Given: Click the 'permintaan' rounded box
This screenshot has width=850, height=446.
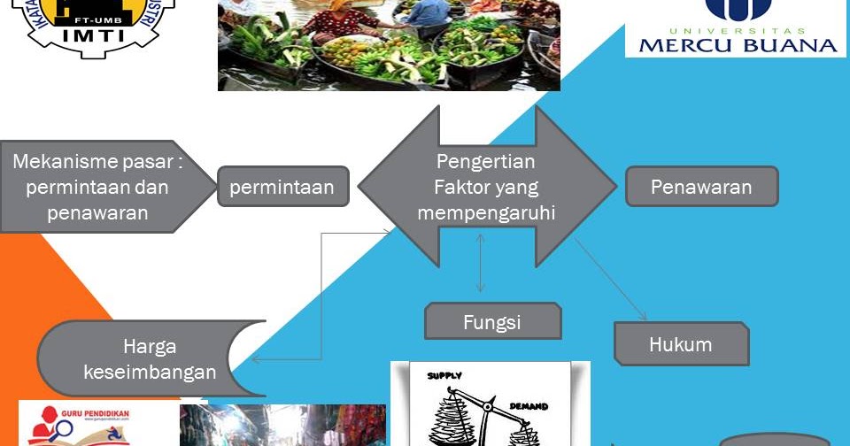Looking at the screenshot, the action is (282, 187).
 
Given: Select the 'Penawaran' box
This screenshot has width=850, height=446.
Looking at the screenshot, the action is (701, 187).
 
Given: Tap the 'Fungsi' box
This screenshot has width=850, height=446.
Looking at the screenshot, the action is (492, 322).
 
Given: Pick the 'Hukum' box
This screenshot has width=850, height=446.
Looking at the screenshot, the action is (680, 344).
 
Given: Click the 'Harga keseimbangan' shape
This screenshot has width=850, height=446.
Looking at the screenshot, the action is (150, 358).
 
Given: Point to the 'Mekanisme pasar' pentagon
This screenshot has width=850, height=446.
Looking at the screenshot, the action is (97, 187).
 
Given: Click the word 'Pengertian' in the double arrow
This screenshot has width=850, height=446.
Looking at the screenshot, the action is (485, 162).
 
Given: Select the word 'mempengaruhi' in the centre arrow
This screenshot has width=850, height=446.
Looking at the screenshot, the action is (486, 213).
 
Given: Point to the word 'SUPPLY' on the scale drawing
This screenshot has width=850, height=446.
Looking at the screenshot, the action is (445, 375).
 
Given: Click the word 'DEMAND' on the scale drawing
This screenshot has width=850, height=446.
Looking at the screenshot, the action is (529, 407).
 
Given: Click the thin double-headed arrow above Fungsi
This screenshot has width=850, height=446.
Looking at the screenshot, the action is (480, 263).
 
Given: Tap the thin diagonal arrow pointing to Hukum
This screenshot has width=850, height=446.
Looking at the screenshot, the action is (611, 279).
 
